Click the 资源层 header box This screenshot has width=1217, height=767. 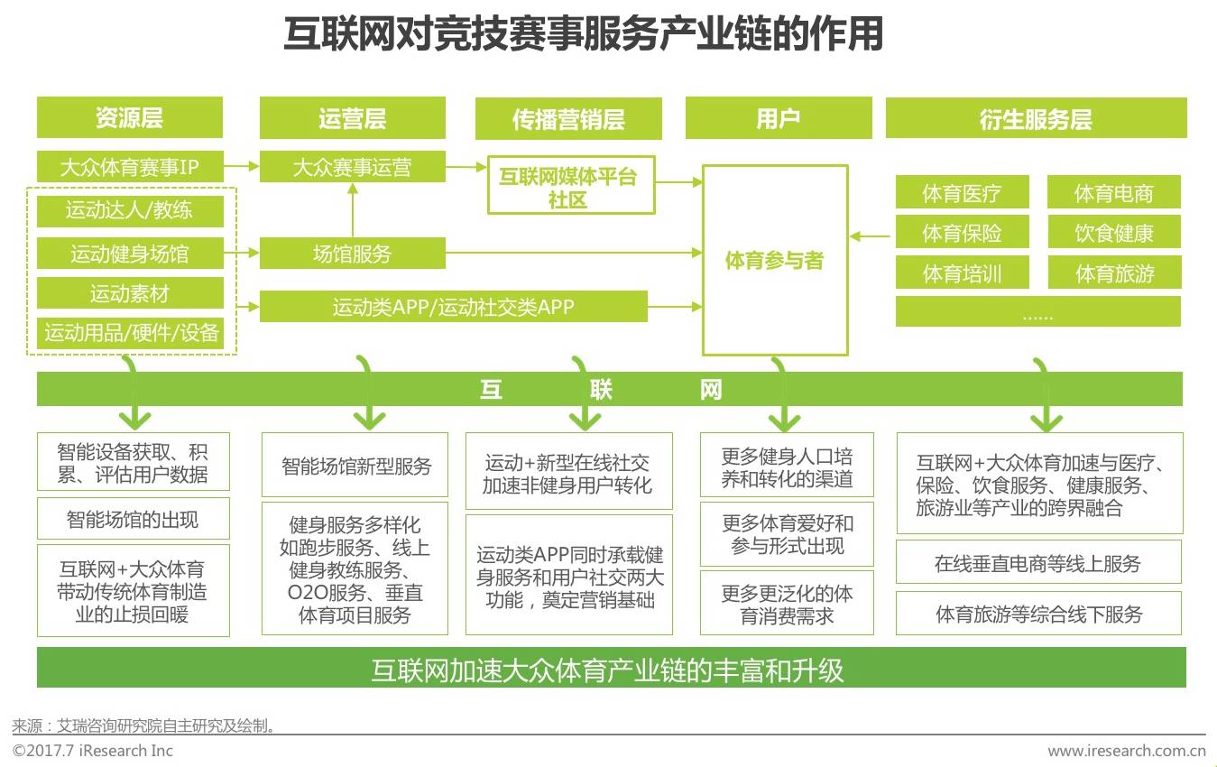[129, 118]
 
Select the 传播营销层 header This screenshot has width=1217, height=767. [568, 119]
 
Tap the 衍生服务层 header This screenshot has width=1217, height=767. [1036, 119]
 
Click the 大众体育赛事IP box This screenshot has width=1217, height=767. [129, 167]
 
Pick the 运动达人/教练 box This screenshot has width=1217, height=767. [129, 211]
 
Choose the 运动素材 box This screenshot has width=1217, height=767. [129, 293]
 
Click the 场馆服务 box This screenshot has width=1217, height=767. [352, 254]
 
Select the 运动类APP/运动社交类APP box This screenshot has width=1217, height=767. [453, 307]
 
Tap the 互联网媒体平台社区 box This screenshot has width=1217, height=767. [570, 187]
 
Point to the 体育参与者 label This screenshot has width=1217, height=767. [775, 261]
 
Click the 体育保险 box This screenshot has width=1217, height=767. [962, 234]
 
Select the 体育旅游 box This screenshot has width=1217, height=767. [1114, 274]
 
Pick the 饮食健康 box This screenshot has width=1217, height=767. [1114, 234]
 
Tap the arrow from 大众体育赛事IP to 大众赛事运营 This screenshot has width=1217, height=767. [241, 166]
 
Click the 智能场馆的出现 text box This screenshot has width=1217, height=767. [133, 519]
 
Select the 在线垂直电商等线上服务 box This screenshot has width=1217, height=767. [1037, 563]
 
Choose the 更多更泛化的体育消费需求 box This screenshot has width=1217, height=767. [787, 605]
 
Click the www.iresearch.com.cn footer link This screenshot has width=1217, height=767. [1126, 751]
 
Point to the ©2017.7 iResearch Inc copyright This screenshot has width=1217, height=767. [92, 751]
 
